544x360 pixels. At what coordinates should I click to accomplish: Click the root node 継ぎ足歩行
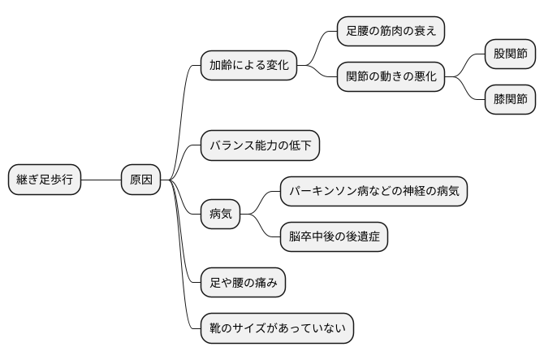coord(45,180)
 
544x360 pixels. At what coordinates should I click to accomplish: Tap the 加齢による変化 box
coord(248,65)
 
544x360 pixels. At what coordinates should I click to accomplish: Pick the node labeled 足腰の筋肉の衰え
coord(391,31)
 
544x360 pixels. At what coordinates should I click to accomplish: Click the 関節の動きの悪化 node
coord(391,77)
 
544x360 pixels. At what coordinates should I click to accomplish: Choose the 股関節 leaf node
coord(510,54)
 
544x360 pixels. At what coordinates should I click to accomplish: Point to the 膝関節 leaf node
coord(510,100)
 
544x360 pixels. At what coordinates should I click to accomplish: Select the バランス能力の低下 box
coord(260,145)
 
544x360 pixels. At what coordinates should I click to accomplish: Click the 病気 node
coord(220,215)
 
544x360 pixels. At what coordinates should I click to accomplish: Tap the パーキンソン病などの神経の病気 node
coord(373,192)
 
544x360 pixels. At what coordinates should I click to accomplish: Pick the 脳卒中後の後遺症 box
coord(334,237)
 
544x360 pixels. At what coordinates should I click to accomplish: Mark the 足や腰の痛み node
coord(242,283)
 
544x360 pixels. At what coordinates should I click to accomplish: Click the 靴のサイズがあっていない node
coord(277,328)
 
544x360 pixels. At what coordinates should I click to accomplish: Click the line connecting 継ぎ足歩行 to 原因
coord(101,180)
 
